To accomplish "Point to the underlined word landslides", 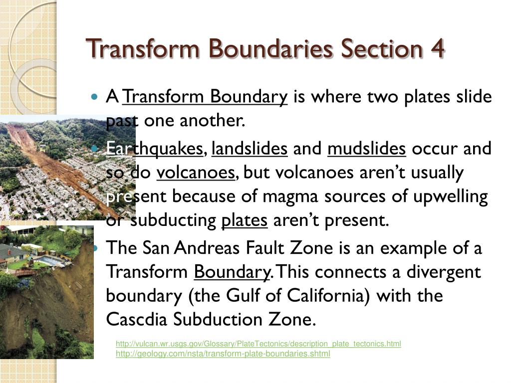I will [x=250, y=149].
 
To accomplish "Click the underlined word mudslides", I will [x=367, y=149].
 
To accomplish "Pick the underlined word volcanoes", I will [x=196, y=173].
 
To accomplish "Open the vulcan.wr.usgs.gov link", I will [x=258, y=344].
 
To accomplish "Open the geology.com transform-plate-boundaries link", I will [x=223, y=354].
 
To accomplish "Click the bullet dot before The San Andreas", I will [x=96, y=248].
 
